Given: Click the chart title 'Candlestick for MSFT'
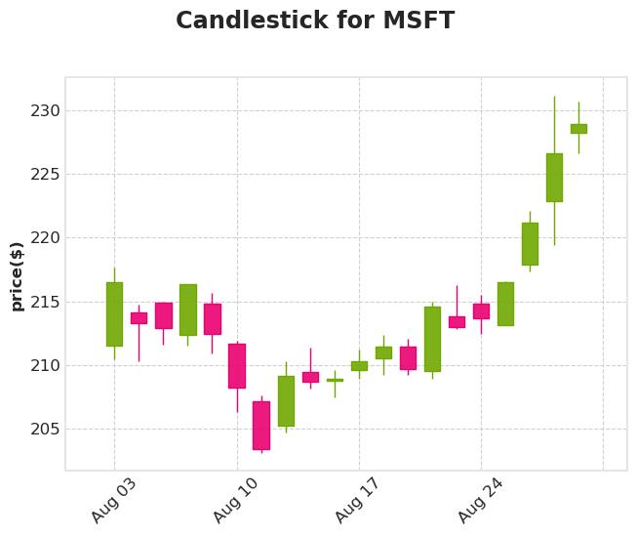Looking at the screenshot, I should [314, 21].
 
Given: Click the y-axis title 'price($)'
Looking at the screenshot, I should [17, 275].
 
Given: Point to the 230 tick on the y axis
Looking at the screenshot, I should [45, 111].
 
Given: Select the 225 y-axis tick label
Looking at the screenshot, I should [45, 175].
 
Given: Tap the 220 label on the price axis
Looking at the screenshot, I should [45, 238].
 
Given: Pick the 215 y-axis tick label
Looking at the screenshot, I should [45, 303].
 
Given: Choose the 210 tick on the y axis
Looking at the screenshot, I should [45, 366].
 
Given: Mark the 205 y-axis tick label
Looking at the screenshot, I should [45, 430].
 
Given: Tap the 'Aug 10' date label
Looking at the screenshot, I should [236, 500].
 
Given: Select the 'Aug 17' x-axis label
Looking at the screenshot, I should [358, 500].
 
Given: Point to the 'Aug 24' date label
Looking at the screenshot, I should [481, 500].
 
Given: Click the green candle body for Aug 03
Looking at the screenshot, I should [114, 313].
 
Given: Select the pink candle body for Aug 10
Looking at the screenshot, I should [237, 365].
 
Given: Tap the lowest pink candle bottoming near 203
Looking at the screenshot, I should [261, 425].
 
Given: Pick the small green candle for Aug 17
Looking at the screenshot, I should [359, 366].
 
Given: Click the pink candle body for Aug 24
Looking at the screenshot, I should [481, 310].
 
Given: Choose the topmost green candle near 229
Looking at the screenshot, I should [578, 128].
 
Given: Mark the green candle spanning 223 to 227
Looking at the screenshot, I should [554, 177].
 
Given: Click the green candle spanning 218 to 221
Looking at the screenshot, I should [530, 243].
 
